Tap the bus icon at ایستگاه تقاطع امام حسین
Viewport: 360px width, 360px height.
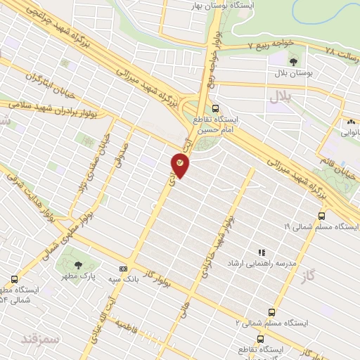click(215, 109)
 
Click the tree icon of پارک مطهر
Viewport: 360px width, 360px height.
click(78, 264)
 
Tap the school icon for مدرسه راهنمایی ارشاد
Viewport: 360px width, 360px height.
click(262, 252)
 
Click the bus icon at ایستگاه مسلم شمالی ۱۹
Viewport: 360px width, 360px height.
click(321, 217)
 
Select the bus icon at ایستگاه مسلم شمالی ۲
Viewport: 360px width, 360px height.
click(271, 312)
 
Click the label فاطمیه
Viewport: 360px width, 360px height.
click(125, 326)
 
